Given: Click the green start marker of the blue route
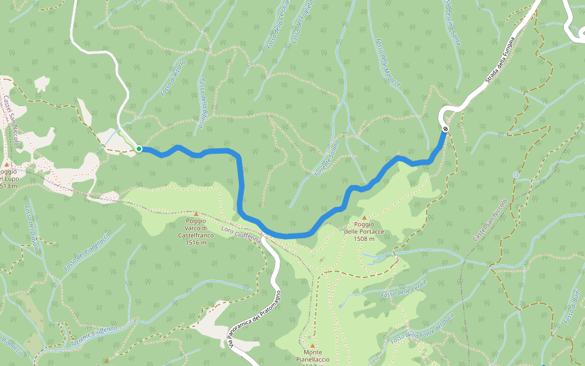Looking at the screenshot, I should tap(139, 149).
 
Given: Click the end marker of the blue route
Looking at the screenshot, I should tap(446, 129).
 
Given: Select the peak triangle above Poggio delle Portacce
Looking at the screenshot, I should tap(364, 217).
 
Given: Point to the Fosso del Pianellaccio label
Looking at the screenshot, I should tap(87, 251).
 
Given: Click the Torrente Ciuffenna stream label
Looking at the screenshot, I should tap(93, 337).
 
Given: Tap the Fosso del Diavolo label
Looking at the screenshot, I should tap(32, 228).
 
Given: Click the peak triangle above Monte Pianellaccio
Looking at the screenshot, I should tap(312, 345).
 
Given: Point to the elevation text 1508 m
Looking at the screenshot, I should tap(364, 239).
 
